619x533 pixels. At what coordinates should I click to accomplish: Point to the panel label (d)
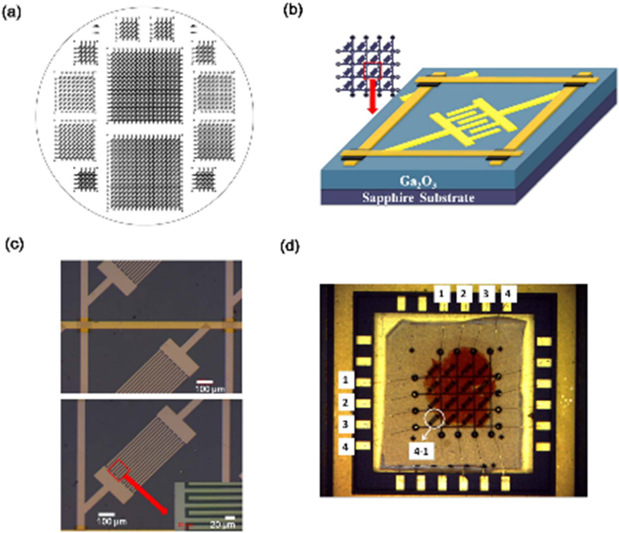(x=290, y=246)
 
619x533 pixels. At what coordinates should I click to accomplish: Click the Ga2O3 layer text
(x=418, y=181)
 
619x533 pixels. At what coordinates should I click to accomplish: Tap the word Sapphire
(x=387, y=197)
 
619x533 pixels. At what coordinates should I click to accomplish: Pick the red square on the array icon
(x=372, y=70)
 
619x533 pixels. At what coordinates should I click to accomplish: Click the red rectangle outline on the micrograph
(x=119, y=470)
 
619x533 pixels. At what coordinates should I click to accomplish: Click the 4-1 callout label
(x=421, y=451)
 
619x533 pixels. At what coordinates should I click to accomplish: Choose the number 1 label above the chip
(x=441, y=294)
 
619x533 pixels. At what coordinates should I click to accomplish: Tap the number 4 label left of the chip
(x=346, y=446)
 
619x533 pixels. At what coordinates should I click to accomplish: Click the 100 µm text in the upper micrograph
(x=210, y=389)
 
